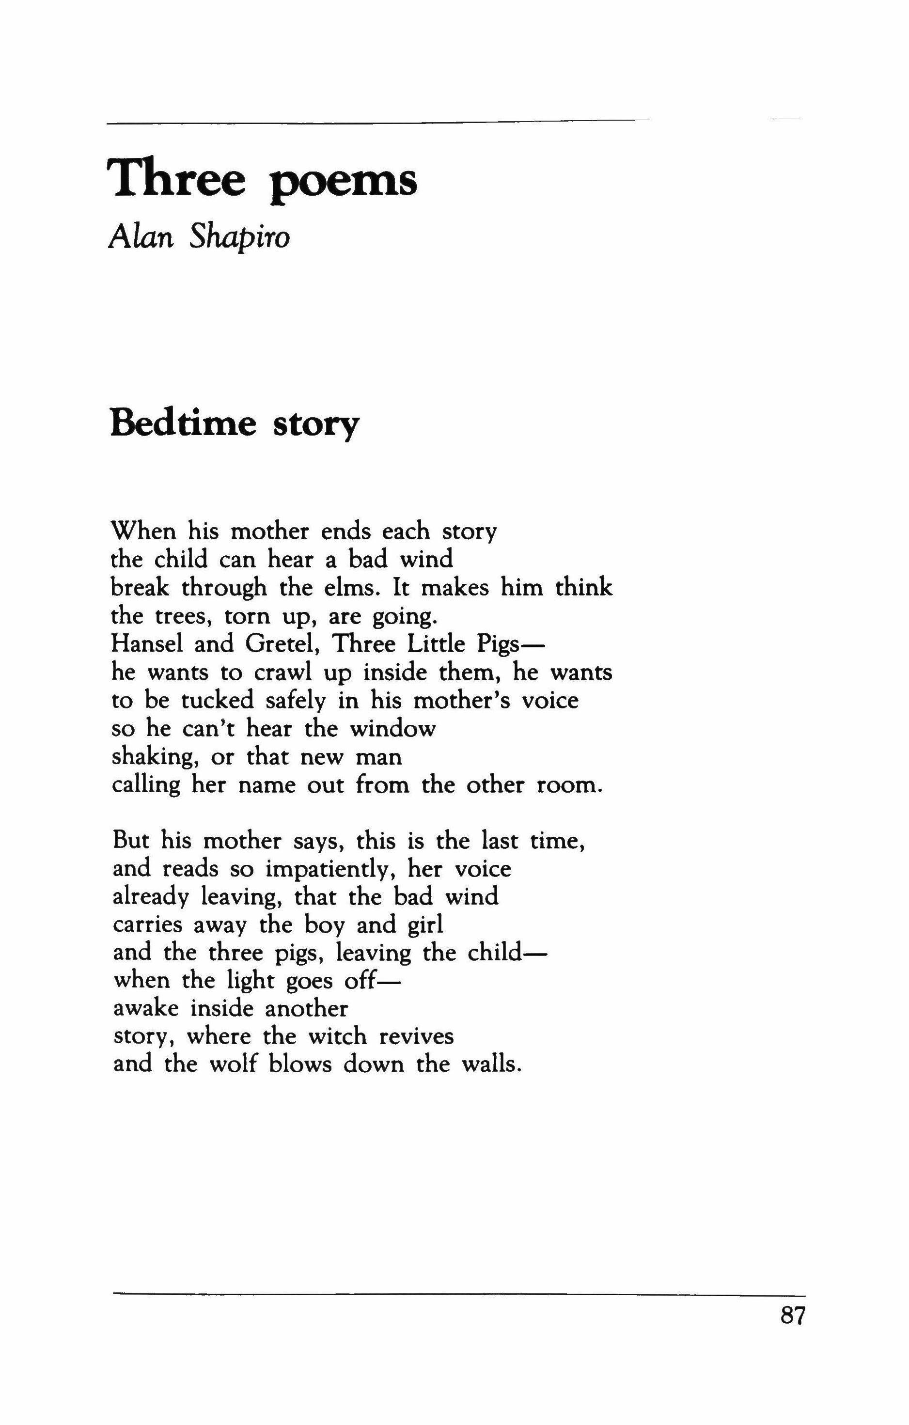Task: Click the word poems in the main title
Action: [x=343, y=182]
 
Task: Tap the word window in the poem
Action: [x=393, y=728]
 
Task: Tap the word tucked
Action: [x=217, y=701]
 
